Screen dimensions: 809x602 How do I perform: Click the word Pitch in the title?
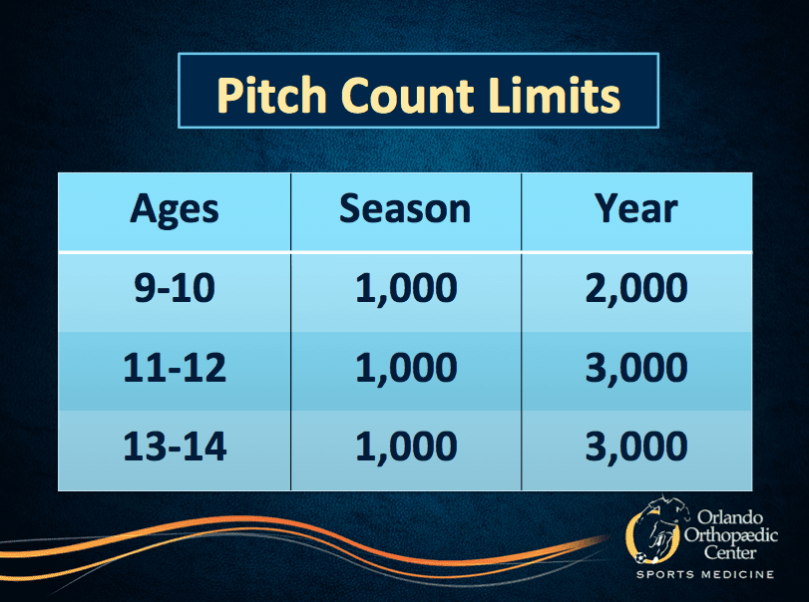tap(272, 95)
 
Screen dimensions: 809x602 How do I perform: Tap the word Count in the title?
tap(407, 95)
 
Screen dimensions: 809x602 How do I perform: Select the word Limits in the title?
tap(554, 95)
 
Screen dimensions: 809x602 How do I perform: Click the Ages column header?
tap(175, 210)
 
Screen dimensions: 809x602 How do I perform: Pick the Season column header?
tap(405, 208)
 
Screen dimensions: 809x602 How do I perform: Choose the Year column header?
tap(636, 208)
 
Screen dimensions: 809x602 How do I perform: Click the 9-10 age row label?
tap(175, 287)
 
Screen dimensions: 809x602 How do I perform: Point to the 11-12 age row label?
tap(175, 367)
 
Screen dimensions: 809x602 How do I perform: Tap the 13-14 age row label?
tap(175, 446)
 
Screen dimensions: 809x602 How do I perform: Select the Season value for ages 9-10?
tap(406, 289)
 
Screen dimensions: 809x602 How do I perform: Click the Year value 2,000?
tap(636, 289)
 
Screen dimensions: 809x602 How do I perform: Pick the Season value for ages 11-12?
tap(406, 369)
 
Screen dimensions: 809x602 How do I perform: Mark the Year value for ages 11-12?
tap(636, 369)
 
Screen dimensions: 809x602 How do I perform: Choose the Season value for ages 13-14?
tap(406, 448)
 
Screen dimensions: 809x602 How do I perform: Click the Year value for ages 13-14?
tap(636, 448)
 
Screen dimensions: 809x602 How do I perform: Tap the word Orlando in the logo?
tap(730, 517)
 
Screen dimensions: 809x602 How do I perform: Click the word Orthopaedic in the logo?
tap(731, 535)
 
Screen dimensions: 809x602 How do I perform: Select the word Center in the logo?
tap(730, 552)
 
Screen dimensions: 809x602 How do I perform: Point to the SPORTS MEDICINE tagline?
tap(705, 574)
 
